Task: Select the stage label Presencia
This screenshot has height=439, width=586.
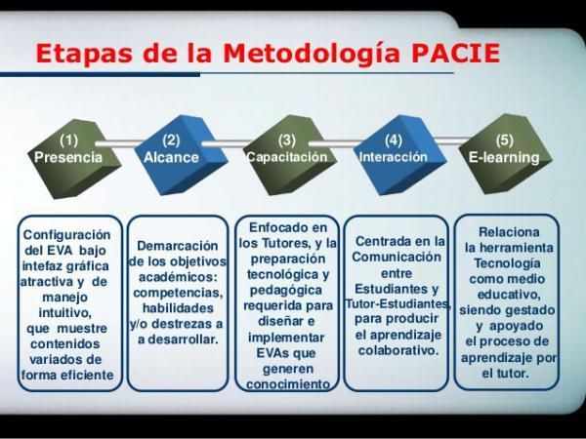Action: [68, 157]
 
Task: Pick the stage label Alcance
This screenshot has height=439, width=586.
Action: [172, 157]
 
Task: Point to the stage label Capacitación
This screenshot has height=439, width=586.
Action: [286, 156]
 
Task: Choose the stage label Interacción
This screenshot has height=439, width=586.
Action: [394, 156]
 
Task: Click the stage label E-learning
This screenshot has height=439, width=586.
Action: [504, 157]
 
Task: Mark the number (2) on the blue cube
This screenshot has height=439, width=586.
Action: [172, 140]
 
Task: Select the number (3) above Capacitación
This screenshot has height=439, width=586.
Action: [286, 140]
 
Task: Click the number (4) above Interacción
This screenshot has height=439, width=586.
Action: [394, 140]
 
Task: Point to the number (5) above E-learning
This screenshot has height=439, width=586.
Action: [504, 140]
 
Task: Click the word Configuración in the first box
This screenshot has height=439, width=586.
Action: [67, 235]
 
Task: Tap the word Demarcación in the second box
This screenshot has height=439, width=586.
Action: [177, 246]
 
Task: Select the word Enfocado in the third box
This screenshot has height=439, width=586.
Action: [288, 226]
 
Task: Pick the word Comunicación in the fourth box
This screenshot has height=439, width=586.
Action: [397, 257]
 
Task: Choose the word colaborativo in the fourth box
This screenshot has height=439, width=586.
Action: [397, 349]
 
